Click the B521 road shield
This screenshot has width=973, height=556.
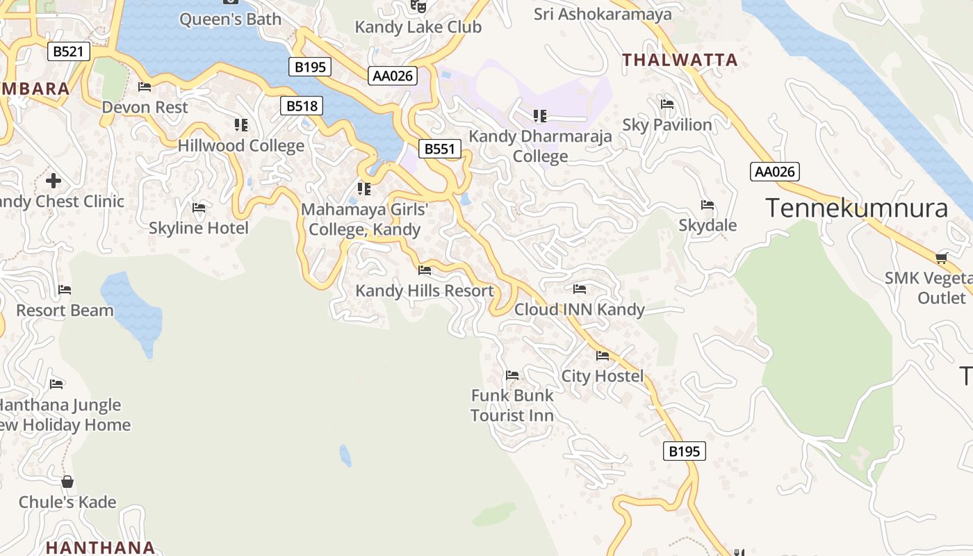[69, 51]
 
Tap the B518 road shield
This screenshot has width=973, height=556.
[302, 106]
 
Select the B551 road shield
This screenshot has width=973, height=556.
[439, 149]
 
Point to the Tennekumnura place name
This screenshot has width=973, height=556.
[856, 208]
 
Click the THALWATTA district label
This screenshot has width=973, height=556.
[680, 60]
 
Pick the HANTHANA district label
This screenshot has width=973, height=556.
[100, 547]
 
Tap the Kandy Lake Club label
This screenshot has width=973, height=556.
[418, 27]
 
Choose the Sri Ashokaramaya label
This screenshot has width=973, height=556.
[603, 14]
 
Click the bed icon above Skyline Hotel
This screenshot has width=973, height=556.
[199, 207]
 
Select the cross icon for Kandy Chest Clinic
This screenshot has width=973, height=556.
[53, 181]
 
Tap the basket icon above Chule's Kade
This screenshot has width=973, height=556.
[67, 482]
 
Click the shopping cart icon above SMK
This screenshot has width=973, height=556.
[942, 259]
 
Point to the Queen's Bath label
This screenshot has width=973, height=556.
[230, 19]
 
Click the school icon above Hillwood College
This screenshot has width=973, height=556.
[241, 125]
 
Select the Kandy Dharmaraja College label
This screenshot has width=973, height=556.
[540, 146]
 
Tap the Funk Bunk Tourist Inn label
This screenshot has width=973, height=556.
[512, 405]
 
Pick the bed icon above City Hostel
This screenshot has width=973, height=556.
[603, 356]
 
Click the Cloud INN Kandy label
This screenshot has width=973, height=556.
[580, 309]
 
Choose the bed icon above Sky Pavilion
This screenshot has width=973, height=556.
[667, 104]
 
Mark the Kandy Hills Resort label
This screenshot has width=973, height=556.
[425, 291]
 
